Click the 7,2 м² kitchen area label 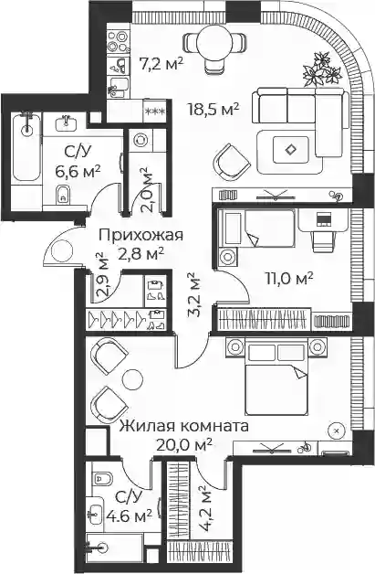point(161,65)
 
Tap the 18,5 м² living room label point(214,109)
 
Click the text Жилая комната point(184,427)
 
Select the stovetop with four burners point(119,41)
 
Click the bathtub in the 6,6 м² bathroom point(26,147)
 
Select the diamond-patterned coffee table point(291,149)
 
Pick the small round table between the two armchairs point(132,380)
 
